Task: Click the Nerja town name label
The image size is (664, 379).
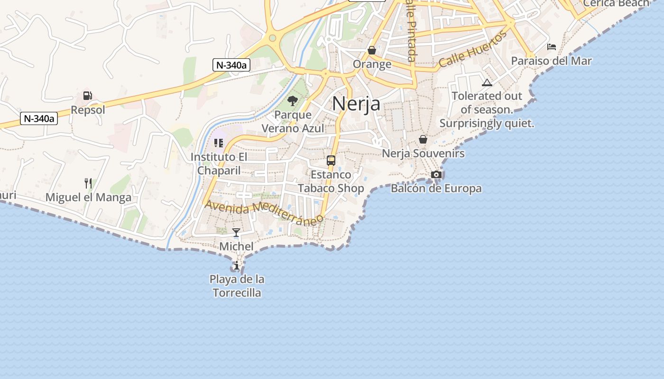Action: (x=356, y=103)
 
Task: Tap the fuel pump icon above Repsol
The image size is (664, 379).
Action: (x=87, y=96)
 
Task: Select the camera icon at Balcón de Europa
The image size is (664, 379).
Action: (x=436, y=174)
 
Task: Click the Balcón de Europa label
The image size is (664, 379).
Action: (x=436, y=189)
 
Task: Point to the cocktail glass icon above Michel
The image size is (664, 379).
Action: (x=236, y=232)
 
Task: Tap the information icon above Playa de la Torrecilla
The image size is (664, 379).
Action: (x=237, y=265)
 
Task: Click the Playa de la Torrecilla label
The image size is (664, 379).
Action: (x=237, y=286)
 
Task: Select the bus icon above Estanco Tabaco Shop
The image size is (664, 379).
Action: (x=331, y=161)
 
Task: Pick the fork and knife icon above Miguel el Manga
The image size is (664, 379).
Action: (x=88, y=183)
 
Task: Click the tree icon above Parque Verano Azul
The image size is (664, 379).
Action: (x=293, y=100)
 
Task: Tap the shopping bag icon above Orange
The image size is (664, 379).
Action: (x=372, y=50)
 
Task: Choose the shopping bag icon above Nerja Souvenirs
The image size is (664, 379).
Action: (x=423, y=139)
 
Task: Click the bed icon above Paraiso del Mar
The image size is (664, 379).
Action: (x=551, y=46)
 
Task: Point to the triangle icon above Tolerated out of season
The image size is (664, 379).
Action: (x=487, y=82)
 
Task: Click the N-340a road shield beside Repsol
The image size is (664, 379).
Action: (x=39, y=118)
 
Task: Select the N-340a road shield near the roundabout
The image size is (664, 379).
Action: (x=231, y=65)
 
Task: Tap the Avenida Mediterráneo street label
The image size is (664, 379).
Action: (x=265, y=211)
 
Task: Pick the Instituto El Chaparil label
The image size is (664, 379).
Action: (x=219, y=163)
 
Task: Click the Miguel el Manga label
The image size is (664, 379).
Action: (x=88, y=198)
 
